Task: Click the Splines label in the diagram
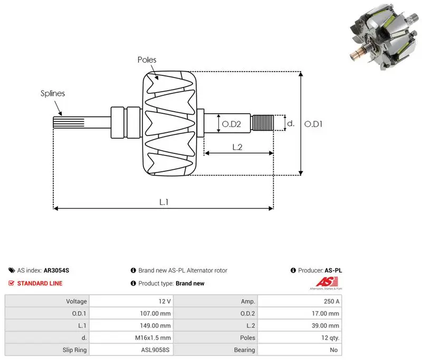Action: (x=53, y=93)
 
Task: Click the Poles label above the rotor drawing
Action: (x=147, y=60)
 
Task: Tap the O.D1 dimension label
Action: (x=313, y=124)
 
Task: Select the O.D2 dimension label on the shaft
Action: (x=232, y=124)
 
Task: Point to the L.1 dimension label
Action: (x=164, y=202)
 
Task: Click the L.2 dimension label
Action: (x=237, y=147)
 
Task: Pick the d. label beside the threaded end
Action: (x=291, y=123)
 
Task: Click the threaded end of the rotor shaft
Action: (x=262, y=123)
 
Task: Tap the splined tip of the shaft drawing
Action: (x=69, y=122)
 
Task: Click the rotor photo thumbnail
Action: (x=385, y=37)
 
